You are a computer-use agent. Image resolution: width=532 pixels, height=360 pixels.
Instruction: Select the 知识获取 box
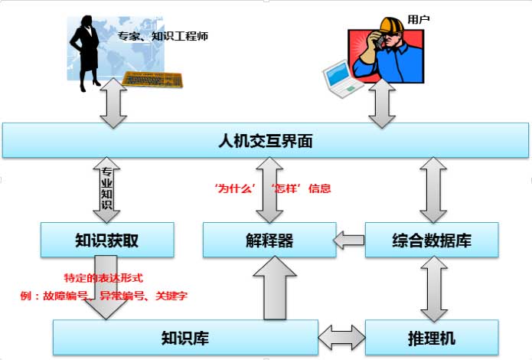106,240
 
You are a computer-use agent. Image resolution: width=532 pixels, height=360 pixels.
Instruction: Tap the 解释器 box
269,240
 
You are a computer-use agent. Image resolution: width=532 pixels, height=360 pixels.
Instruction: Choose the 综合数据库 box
431,240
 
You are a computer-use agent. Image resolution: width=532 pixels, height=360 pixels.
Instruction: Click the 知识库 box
184,338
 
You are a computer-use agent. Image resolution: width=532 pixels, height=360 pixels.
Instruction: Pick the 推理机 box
431,338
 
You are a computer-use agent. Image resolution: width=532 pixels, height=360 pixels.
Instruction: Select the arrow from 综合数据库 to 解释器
351,241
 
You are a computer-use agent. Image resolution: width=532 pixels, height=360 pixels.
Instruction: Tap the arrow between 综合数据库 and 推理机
432,289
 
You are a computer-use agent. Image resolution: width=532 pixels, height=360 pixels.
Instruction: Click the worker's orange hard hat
390,26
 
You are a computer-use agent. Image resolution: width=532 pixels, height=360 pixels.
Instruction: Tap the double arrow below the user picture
380,106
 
